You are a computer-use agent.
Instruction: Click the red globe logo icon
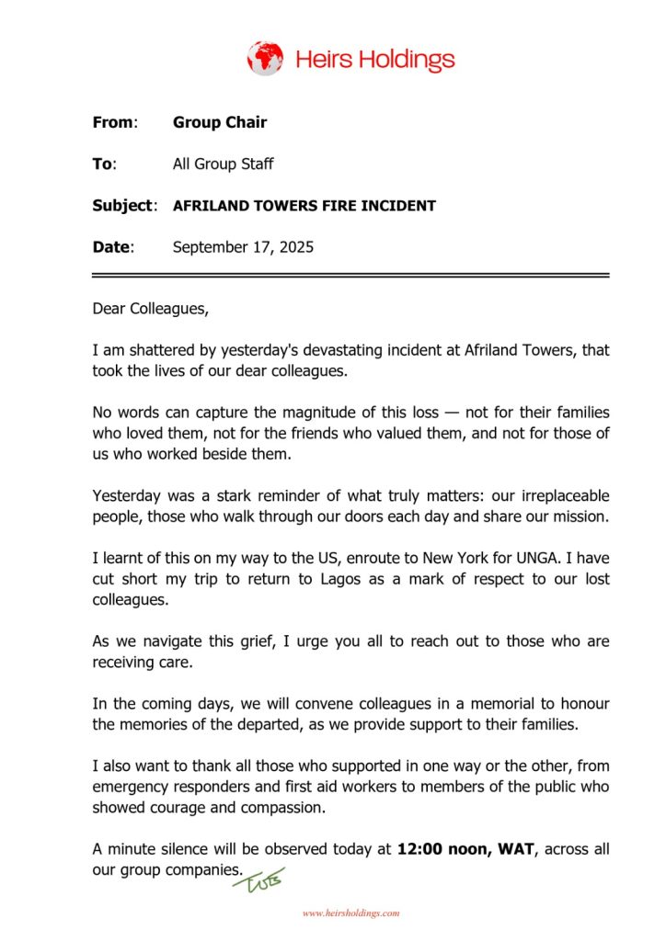click(265, 58)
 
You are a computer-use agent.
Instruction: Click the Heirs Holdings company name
click(374, 61)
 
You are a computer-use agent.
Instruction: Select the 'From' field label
click(113, 122)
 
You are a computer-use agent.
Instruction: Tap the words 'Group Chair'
click(220, 122)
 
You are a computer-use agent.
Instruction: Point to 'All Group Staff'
click(223, 164)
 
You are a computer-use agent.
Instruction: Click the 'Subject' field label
click(122, 206)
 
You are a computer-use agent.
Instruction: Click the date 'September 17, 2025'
click(243, 247)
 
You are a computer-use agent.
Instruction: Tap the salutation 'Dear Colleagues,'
click(151, 309)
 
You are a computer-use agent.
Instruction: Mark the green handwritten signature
click(259, 881)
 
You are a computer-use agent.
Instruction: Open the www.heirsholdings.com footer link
click(350, 913)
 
